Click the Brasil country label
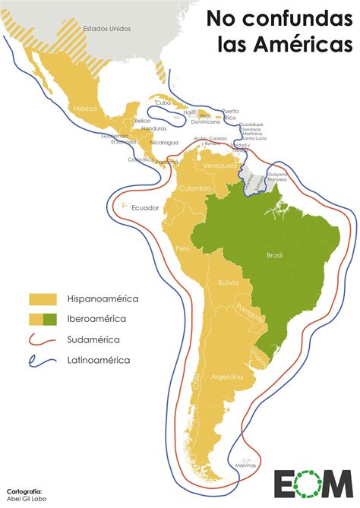click(x=275, y=256)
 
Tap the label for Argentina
click(x=227, y=377)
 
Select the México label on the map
click(x=85, y=109)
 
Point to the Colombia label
click(x=195, y=188)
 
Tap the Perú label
click(x=183, y=249)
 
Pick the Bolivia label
click(x=229, y=282)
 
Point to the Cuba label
click(x=163, y=102)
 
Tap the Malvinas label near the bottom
click(x=244, y=465)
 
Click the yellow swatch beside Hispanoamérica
click(x=44, y=299)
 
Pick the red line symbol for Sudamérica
click(x=44, y=340)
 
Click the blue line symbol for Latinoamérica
click(x=44, y=361)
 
